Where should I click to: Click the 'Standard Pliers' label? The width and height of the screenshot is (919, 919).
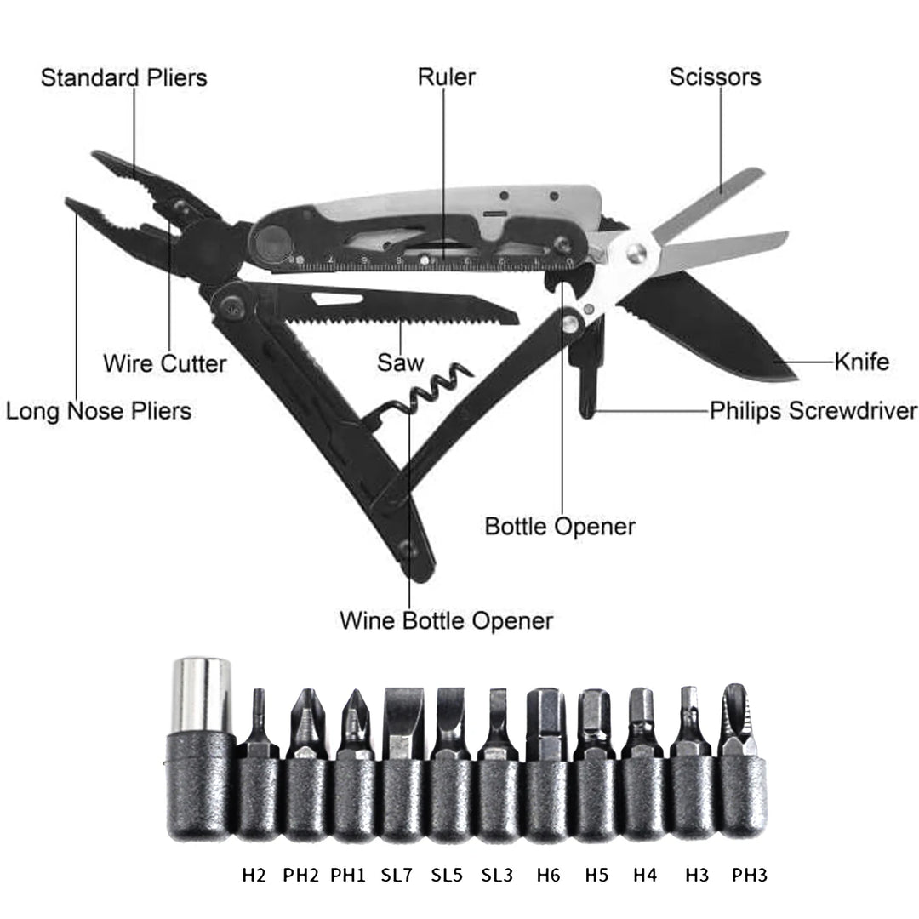pyautogui.click(x=124, y=78)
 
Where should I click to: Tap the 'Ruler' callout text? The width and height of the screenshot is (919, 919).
pyautogui.click(x=446, y=77)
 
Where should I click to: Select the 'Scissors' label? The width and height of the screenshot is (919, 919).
pyautogui.click(x=715, y=77)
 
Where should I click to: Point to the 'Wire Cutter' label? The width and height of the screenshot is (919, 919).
pyautogui.click(x=165, y=364)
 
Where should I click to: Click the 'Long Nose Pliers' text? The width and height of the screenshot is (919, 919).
pyautogui.click(x=99, y=412)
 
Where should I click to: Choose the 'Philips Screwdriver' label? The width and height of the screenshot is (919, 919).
pyautogui.click(x=813, y=412)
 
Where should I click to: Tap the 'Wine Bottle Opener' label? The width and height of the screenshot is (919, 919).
pyautogui.click(x=446, y=620)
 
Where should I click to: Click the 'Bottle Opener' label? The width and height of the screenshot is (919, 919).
pyautogui.click(x=560, y=527)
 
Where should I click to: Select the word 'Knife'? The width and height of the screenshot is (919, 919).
pyautogui.click(x=861, y=362)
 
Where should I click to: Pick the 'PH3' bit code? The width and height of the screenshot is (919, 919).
pyautogui.click(x=749, y=874)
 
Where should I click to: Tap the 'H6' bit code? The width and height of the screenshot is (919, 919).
pyautogui.click(x=549, y=874)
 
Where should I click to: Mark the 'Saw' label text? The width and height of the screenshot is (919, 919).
pyautogui.click(x=400, y=364)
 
